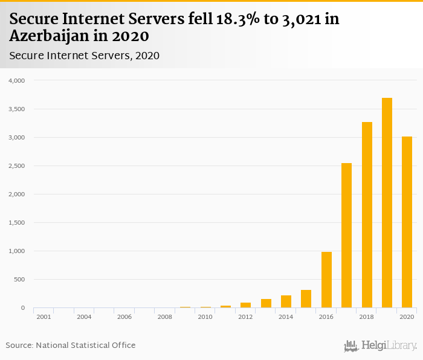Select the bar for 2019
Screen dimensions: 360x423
coord(387,203)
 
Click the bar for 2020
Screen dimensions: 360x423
coord(407,222)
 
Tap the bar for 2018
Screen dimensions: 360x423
coord(367,215)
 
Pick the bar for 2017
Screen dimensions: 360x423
coord(346,236)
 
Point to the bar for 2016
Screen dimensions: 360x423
coord(326,280)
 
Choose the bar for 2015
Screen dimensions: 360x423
coord(306,299)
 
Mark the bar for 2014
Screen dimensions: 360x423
coord(286,301)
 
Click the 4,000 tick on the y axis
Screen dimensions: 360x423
coord(16,80)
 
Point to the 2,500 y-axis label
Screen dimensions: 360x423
coord(16,166)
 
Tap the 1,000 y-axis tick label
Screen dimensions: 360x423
coord(16,251)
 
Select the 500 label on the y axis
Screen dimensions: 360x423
coord(19,280)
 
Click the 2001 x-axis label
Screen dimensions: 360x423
coord(43,317)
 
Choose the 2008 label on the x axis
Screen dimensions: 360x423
coord(164,317)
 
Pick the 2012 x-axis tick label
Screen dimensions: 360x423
coord(245,317)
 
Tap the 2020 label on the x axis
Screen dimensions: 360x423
coord(407,317)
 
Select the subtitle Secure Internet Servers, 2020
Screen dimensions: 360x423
coord(84,56)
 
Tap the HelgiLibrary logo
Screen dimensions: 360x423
coord(380,346)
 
